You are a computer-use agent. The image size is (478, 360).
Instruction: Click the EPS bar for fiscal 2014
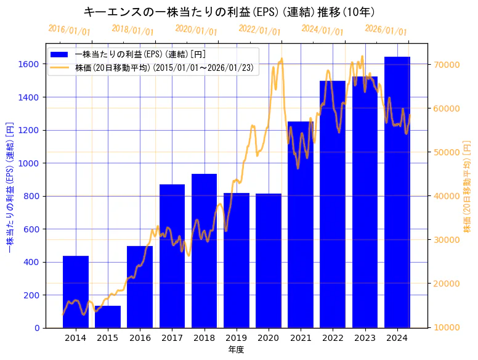tap(76, 292)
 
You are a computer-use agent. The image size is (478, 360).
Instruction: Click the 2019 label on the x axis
tap(237, 338)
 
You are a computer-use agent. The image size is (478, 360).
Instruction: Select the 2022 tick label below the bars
tap(333, 338)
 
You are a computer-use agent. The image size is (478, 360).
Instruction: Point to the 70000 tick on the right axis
tap(449, 64)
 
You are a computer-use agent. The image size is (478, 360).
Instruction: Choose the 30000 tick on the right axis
tap(449, 240)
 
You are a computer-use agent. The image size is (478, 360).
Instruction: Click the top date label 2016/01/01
tap(69, 30)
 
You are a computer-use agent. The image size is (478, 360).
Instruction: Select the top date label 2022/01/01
tap(259, 30)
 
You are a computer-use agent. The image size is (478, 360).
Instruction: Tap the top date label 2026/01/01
tap(386, 30)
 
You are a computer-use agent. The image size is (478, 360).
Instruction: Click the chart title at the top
tap(229, 12)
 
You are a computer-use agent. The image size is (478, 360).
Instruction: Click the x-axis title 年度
tap(236, 350)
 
